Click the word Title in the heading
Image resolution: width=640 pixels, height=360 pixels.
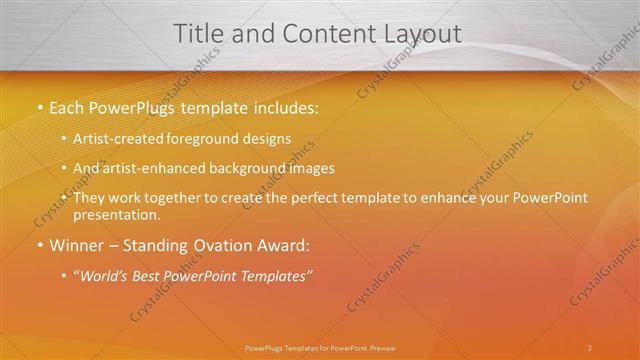point(199,33)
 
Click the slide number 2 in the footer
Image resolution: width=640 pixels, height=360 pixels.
point(590,348)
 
